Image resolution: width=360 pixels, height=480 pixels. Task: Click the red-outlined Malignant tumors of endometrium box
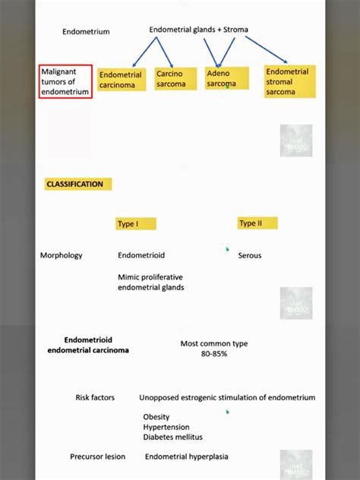pos(66,81)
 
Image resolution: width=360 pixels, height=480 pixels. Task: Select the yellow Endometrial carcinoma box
pos(121,80)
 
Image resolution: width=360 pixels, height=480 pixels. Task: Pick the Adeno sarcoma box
pos(226,78)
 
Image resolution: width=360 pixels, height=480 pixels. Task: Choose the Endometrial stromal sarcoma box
pos(289,82)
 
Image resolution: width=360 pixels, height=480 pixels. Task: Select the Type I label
pos(136,223)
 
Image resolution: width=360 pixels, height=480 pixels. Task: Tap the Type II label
pos(257,223)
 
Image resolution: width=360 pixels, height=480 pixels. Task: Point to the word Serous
pos(250,255)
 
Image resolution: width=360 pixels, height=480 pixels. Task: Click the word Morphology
pos(62,255)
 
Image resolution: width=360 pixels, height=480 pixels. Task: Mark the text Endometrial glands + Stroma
pos(198,30)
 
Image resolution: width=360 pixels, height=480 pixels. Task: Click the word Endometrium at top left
pos(86,32)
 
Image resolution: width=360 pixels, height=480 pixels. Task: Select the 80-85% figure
pos(214,354)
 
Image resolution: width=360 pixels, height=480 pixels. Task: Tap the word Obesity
pos(156,417)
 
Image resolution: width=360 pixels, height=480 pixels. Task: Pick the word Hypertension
pos(166,427)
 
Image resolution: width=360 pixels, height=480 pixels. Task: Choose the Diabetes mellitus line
pos(173,437)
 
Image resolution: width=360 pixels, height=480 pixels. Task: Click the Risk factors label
pos(95,397)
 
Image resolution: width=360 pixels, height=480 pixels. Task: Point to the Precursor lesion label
pos(98,456)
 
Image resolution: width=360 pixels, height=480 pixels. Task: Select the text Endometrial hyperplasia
pos(187,456)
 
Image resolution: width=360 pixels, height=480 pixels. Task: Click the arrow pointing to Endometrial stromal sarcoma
pos(266,49)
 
